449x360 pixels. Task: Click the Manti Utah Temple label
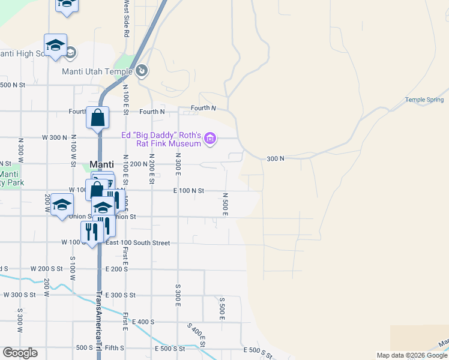tap(97, 71)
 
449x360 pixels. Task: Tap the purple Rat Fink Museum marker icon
tap(209, 140)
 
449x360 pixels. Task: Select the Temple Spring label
tap(424, 100)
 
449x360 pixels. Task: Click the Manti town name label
tap(101, 164)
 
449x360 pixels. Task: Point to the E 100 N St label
tap(188, 191)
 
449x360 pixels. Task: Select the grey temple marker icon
tap(142, 71)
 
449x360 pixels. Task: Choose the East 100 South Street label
tap(137, 243)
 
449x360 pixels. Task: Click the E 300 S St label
tap(120, 295)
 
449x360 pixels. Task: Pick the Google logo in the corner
tap(20, 353)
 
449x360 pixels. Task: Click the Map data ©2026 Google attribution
tap(412, 355)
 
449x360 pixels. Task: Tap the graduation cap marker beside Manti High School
tap(55, 46)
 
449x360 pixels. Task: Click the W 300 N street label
tap(54, 137)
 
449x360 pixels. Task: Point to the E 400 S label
tap(143, 322)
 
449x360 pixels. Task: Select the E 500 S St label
tap(259, 350)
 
